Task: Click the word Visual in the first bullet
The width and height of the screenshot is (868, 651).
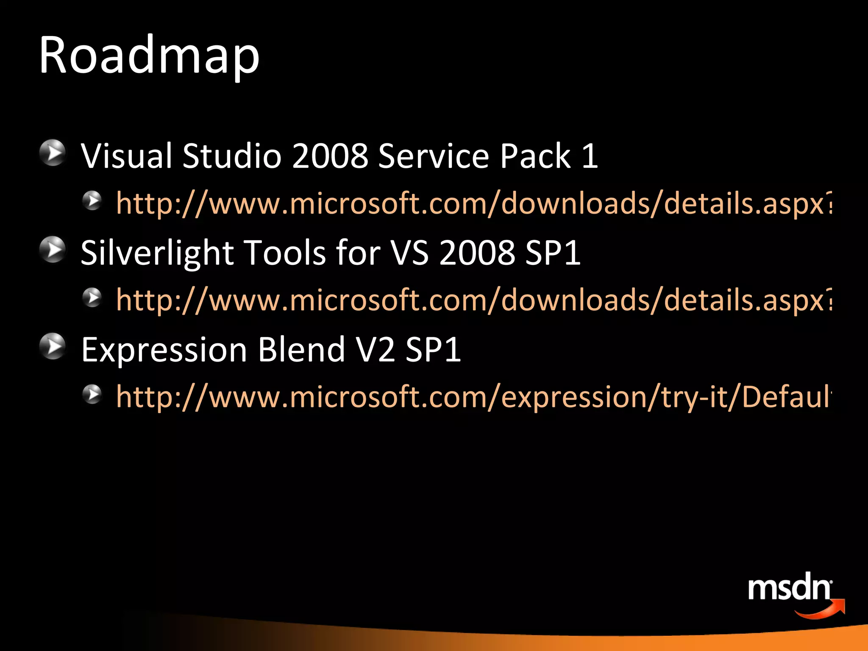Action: pos(126,156)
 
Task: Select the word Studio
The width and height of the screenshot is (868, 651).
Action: pos(232,156)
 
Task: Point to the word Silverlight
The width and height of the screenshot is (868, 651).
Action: pos(157,253)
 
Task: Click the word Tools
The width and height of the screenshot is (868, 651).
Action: pos(286,253)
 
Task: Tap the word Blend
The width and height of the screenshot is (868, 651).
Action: pos(301,350)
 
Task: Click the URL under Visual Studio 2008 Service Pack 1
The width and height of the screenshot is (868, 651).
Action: pos(473,203)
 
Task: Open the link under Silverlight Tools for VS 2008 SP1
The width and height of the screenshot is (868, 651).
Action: pos(473,300)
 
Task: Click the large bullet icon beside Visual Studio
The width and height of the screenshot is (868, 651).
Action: pos(53,153)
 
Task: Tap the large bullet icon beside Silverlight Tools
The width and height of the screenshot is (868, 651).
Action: pos(53,250)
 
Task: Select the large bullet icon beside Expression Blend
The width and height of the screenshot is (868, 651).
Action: pos(53,346)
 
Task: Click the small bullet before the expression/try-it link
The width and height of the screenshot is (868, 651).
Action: pos(92,394)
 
